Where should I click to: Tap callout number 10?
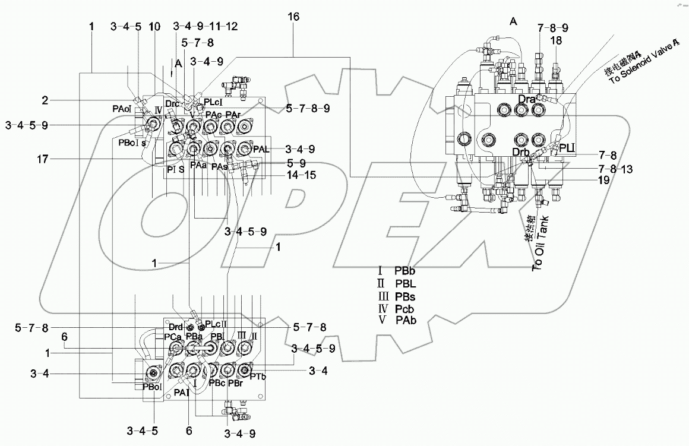click(154, 26)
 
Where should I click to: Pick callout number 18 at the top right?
click(556, 42)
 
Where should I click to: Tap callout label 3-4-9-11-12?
click(205, 26)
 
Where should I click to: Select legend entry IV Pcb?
click(397, 308)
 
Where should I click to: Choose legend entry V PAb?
click(397, 321)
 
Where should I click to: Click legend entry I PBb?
click(397, 270)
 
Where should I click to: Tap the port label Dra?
click(527, 99)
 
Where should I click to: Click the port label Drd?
click(175, 326)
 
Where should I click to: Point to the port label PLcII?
click(218, 324)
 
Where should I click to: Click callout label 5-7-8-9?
click(309, 108)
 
